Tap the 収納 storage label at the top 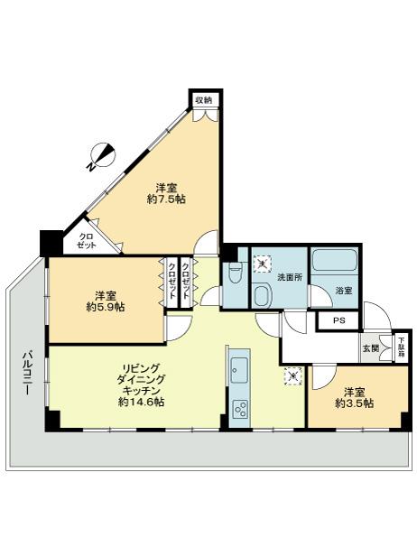[203, 99]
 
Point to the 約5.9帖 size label [106, 307]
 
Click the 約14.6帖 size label [141, 402]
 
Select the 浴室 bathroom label [343, 291]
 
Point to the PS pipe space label [339, 320]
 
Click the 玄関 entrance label [371, 347]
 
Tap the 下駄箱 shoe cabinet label [401, 347]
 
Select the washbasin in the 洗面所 [263, 295]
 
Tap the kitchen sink [241, 370]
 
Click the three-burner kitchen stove [241, 407]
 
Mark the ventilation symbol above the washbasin [263, 264]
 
